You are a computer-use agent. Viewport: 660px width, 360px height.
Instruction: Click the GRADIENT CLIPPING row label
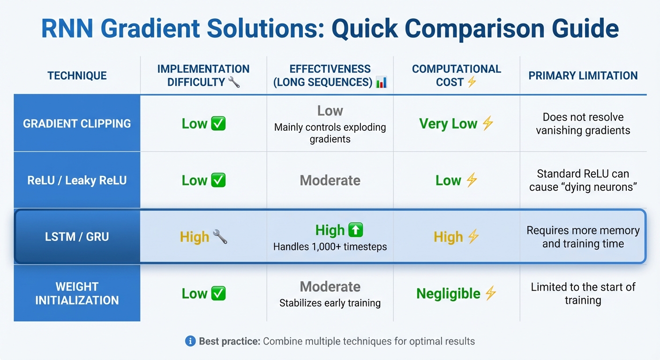pos(77,124)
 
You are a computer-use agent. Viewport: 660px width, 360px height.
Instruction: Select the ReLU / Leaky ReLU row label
pos(77,180)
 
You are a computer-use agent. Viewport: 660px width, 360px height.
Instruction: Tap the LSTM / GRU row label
pos(77,237)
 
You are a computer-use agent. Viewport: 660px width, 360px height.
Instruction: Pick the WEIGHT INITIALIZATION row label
pos(77,293)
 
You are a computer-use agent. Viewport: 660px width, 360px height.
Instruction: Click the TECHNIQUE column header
pos(77,76)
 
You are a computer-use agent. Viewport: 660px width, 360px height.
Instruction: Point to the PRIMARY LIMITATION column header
pos(583,76)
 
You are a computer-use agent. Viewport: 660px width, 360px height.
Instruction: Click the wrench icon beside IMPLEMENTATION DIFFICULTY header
pos(234,82)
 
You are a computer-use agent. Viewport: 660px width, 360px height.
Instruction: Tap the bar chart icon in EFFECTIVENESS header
pos(382,82)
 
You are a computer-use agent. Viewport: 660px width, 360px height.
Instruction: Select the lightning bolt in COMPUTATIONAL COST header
pos(472,82)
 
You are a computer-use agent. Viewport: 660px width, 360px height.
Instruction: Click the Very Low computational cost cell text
pos(448,124)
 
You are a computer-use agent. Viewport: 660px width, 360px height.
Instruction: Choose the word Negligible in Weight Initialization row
pos(448,294)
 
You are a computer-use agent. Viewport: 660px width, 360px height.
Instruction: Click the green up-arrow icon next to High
pos(356,230)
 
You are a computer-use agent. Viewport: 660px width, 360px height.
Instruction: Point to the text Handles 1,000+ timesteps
pos(330,247)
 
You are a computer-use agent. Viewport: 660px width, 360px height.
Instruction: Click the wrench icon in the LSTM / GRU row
pos(220,237)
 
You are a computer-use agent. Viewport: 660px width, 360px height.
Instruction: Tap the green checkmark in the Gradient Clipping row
pos(218,124)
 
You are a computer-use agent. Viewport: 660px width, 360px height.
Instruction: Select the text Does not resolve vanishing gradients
pos(583,124)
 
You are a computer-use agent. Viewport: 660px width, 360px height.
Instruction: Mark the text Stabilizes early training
pos(330,303)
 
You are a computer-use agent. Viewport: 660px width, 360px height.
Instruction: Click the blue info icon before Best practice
pos(190,341)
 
